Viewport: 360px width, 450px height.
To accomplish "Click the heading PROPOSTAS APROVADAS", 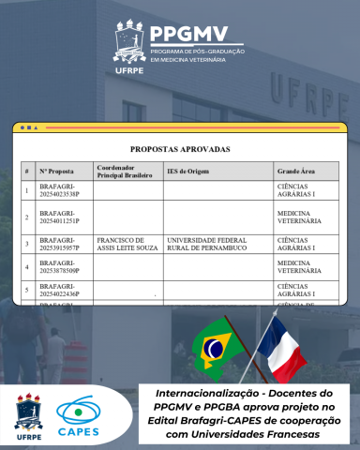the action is [x=180, y=148].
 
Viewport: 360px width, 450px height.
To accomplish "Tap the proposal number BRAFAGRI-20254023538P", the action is [x=59, y=190].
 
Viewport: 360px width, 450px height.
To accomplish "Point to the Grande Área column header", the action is [x=294, y=172].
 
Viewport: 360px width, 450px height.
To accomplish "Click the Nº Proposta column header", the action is [x=56, y=172].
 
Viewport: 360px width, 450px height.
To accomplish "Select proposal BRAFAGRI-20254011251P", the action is [x=59, y=217].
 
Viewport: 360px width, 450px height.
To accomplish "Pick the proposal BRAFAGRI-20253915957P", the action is [x=59, y=244].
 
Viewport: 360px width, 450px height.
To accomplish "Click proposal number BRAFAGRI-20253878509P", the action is [x=59, y=267].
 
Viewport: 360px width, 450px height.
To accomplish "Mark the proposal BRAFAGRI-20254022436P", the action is [x=59, y=290].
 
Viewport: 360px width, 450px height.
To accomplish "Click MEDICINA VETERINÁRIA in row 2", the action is [x=299, y=217].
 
